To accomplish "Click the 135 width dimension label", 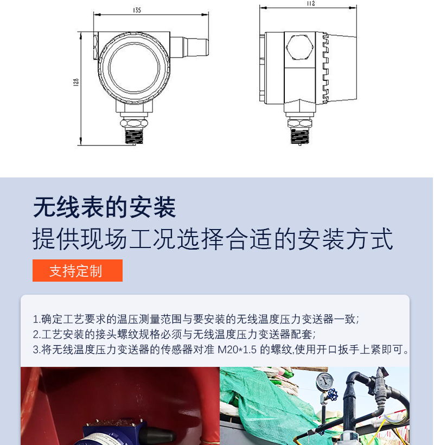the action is point(137,10).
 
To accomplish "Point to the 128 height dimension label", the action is point(76,82).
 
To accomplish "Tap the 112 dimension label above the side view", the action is point(311,3).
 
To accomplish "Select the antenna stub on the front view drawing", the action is point(189,47).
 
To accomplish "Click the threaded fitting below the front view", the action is point(135,137).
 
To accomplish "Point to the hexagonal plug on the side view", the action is point(300,47).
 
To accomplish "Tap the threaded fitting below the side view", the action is point(300,137).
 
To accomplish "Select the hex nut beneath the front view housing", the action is point(134,123).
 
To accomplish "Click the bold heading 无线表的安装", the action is point(104,207).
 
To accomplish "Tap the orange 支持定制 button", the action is point(78,270).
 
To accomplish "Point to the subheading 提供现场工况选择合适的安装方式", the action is point(213,239).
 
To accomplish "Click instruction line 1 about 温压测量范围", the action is point(196,319).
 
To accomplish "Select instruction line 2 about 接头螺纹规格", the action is point(174,334).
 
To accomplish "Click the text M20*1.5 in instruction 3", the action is point(237,349).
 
